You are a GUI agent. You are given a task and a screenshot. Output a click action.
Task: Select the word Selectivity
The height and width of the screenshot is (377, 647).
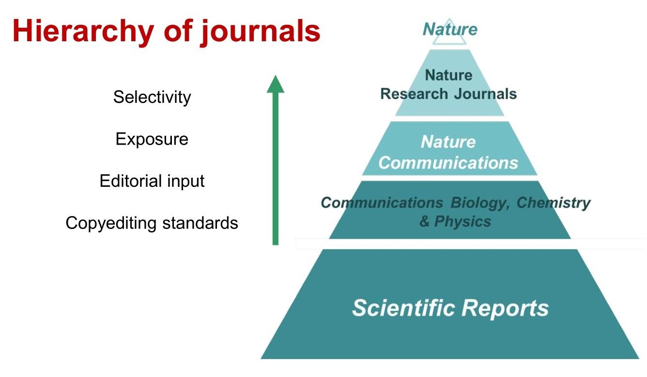(152, 98)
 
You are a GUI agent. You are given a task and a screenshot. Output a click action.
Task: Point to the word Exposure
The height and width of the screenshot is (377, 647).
(152, 140)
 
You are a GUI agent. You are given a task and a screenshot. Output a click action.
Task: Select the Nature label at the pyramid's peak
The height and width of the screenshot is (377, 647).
(450, 29)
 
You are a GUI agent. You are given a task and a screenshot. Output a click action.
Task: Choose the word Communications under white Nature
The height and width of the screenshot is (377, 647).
(448, 163)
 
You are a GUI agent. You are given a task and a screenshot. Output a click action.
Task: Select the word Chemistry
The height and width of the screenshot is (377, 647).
(554, 202)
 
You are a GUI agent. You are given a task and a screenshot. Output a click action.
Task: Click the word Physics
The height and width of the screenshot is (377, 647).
(462, 222)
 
